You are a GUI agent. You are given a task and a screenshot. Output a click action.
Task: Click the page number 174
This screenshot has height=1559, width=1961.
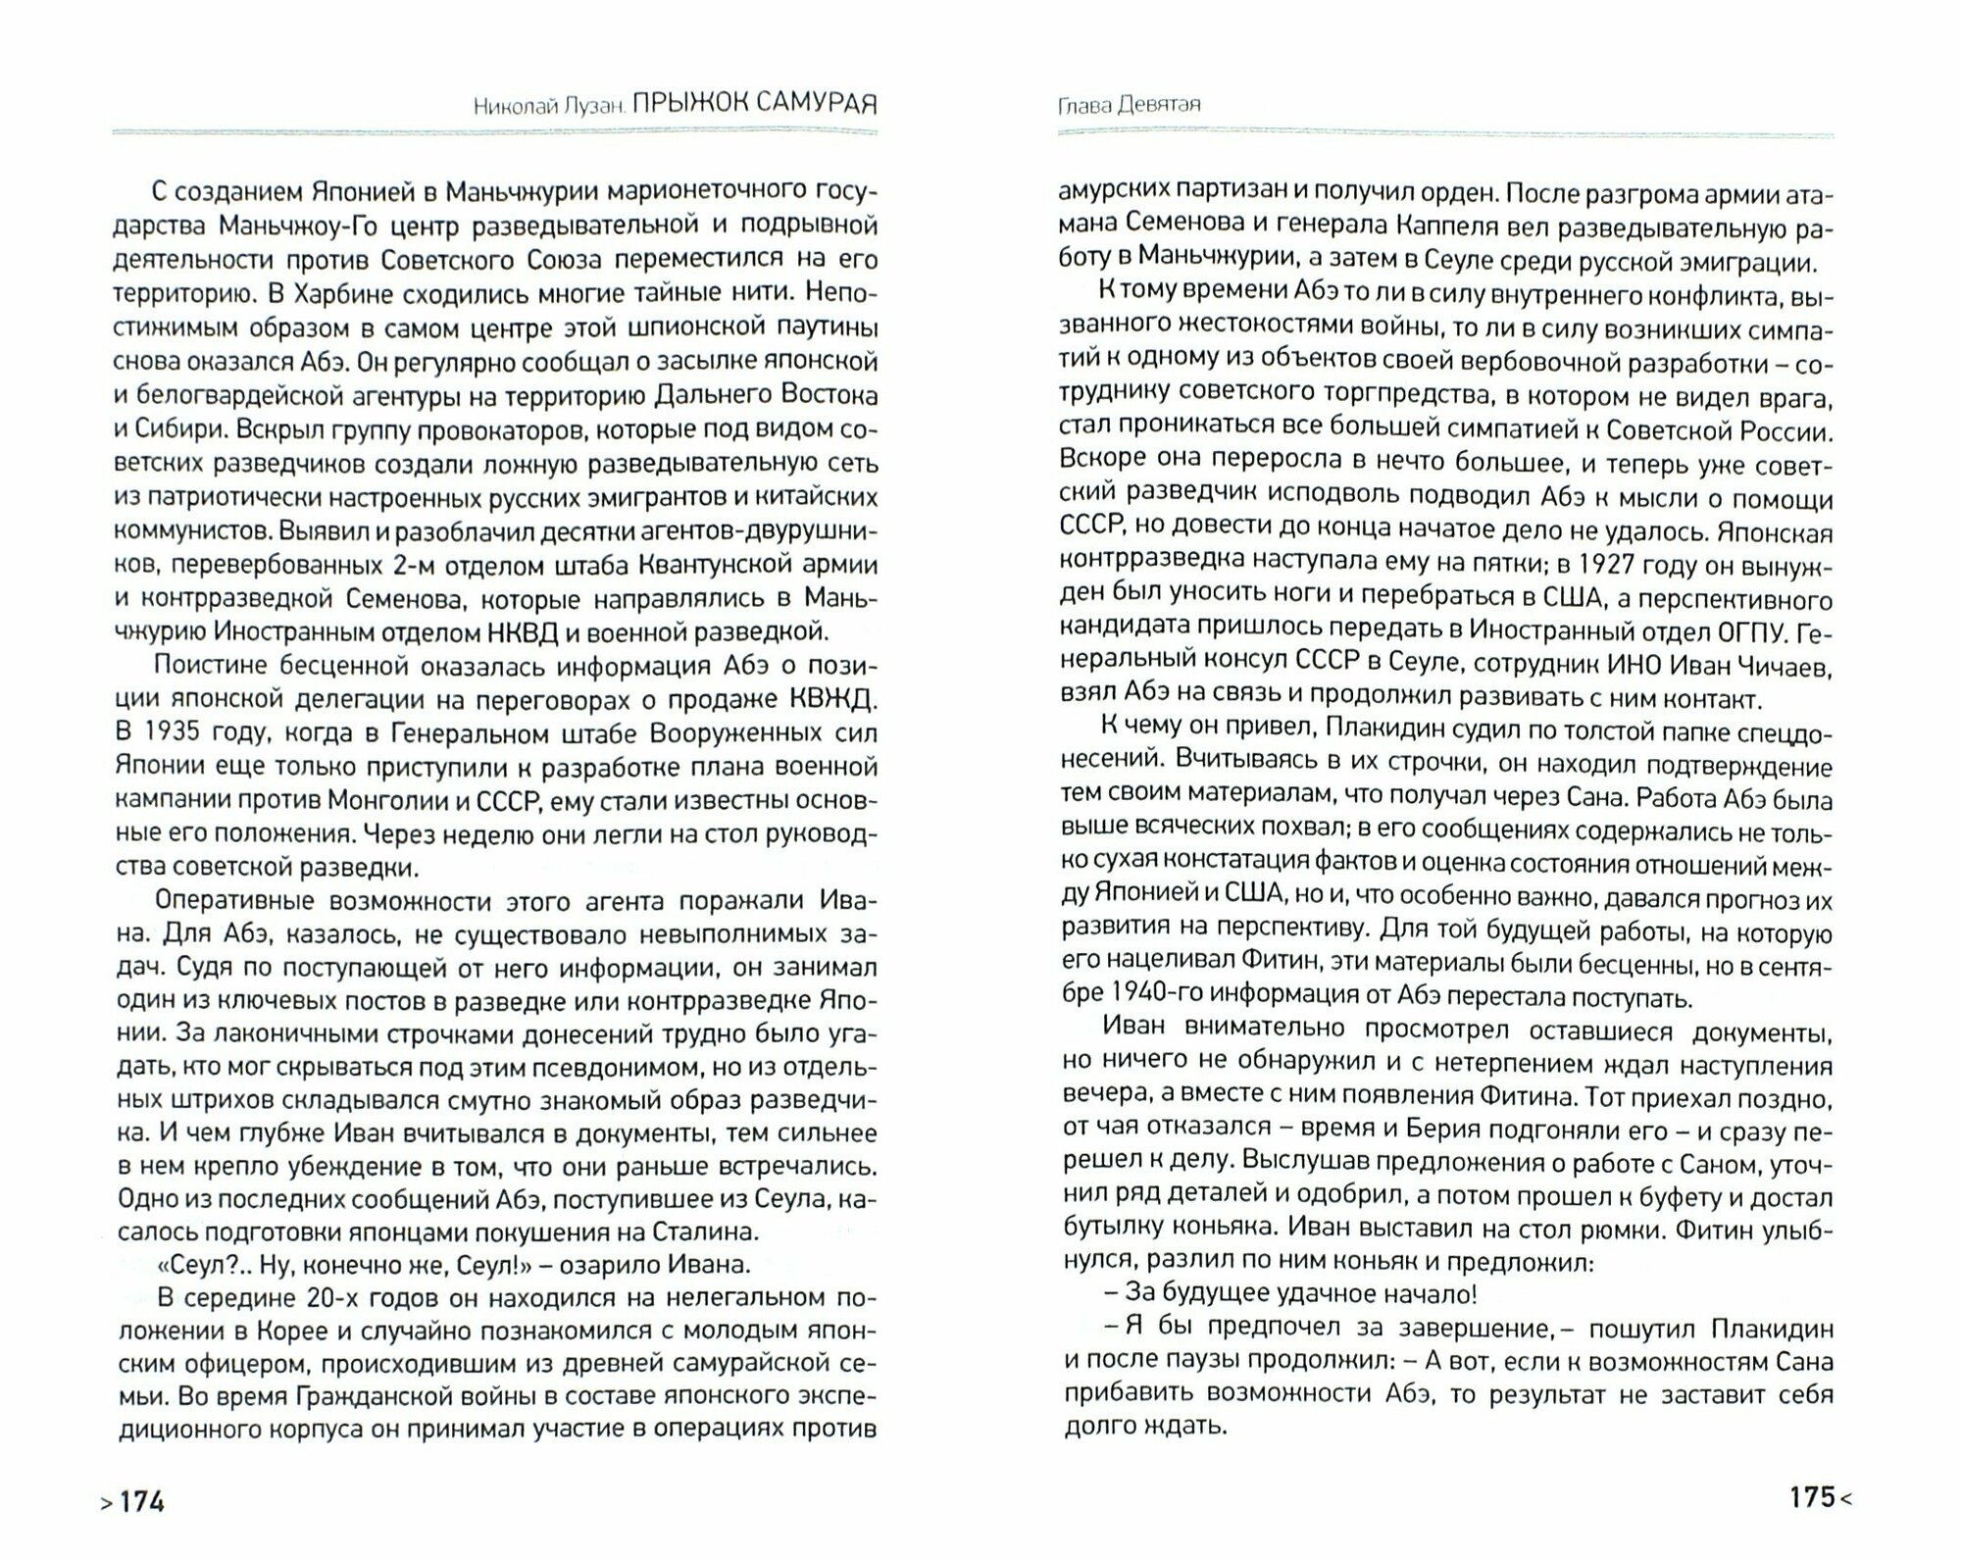pos(141,1500)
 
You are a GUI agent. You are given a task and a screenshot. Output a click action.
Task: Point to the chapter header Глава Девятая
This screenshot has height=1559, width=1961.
pos(1130,105)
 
